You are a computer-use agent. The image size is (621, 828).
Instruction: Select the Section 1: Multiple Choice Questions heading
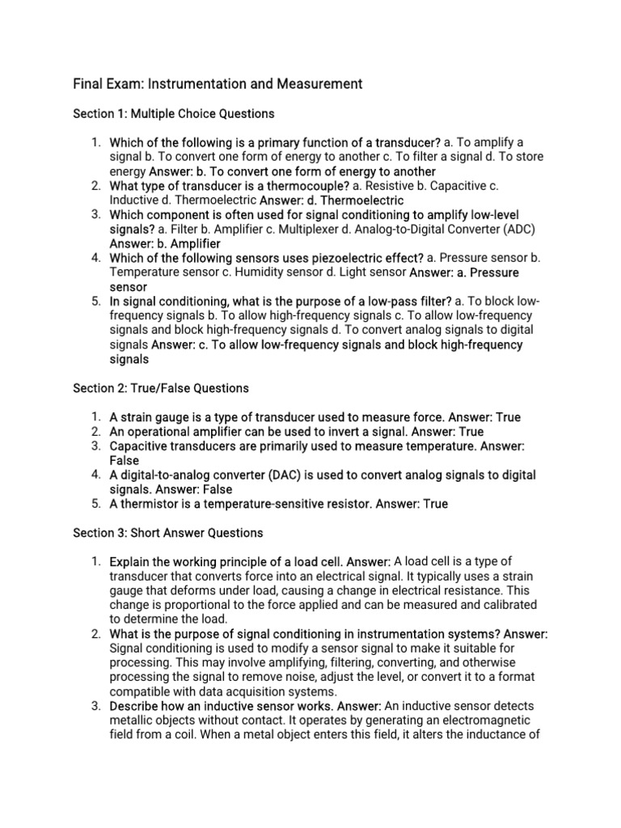coord(174,113)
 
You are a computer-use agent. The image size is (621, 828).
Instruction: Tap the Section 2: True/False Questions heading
coord(161,388)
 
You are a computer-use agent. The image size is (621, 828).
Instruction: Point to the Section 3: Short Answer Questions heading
coord(168,533)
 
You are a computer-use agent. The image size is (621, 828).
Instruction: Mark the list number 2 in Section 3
coord(95,634)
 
